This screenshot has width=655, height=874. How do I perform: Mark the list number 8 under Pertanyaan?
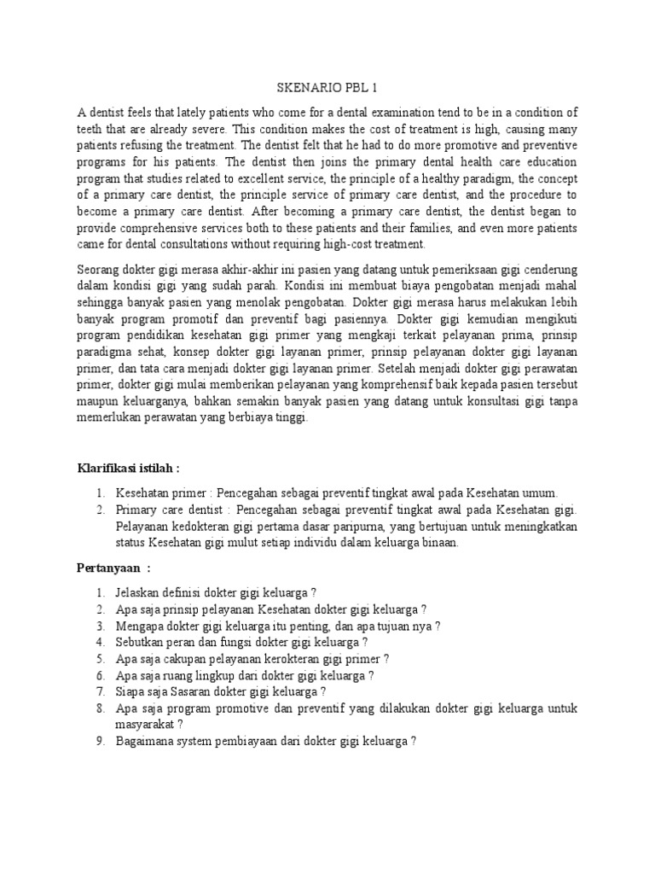pos(100,708)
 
